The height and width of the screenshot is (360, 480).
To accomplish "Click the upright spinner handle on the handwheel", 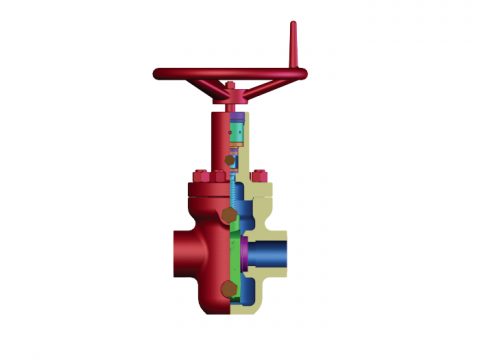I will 294,45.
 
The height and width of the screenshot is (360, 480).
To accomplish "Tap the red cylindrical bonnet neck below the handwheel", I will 221,135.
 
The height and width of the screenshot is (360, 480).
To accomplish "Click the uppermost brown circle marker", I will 231,159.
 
